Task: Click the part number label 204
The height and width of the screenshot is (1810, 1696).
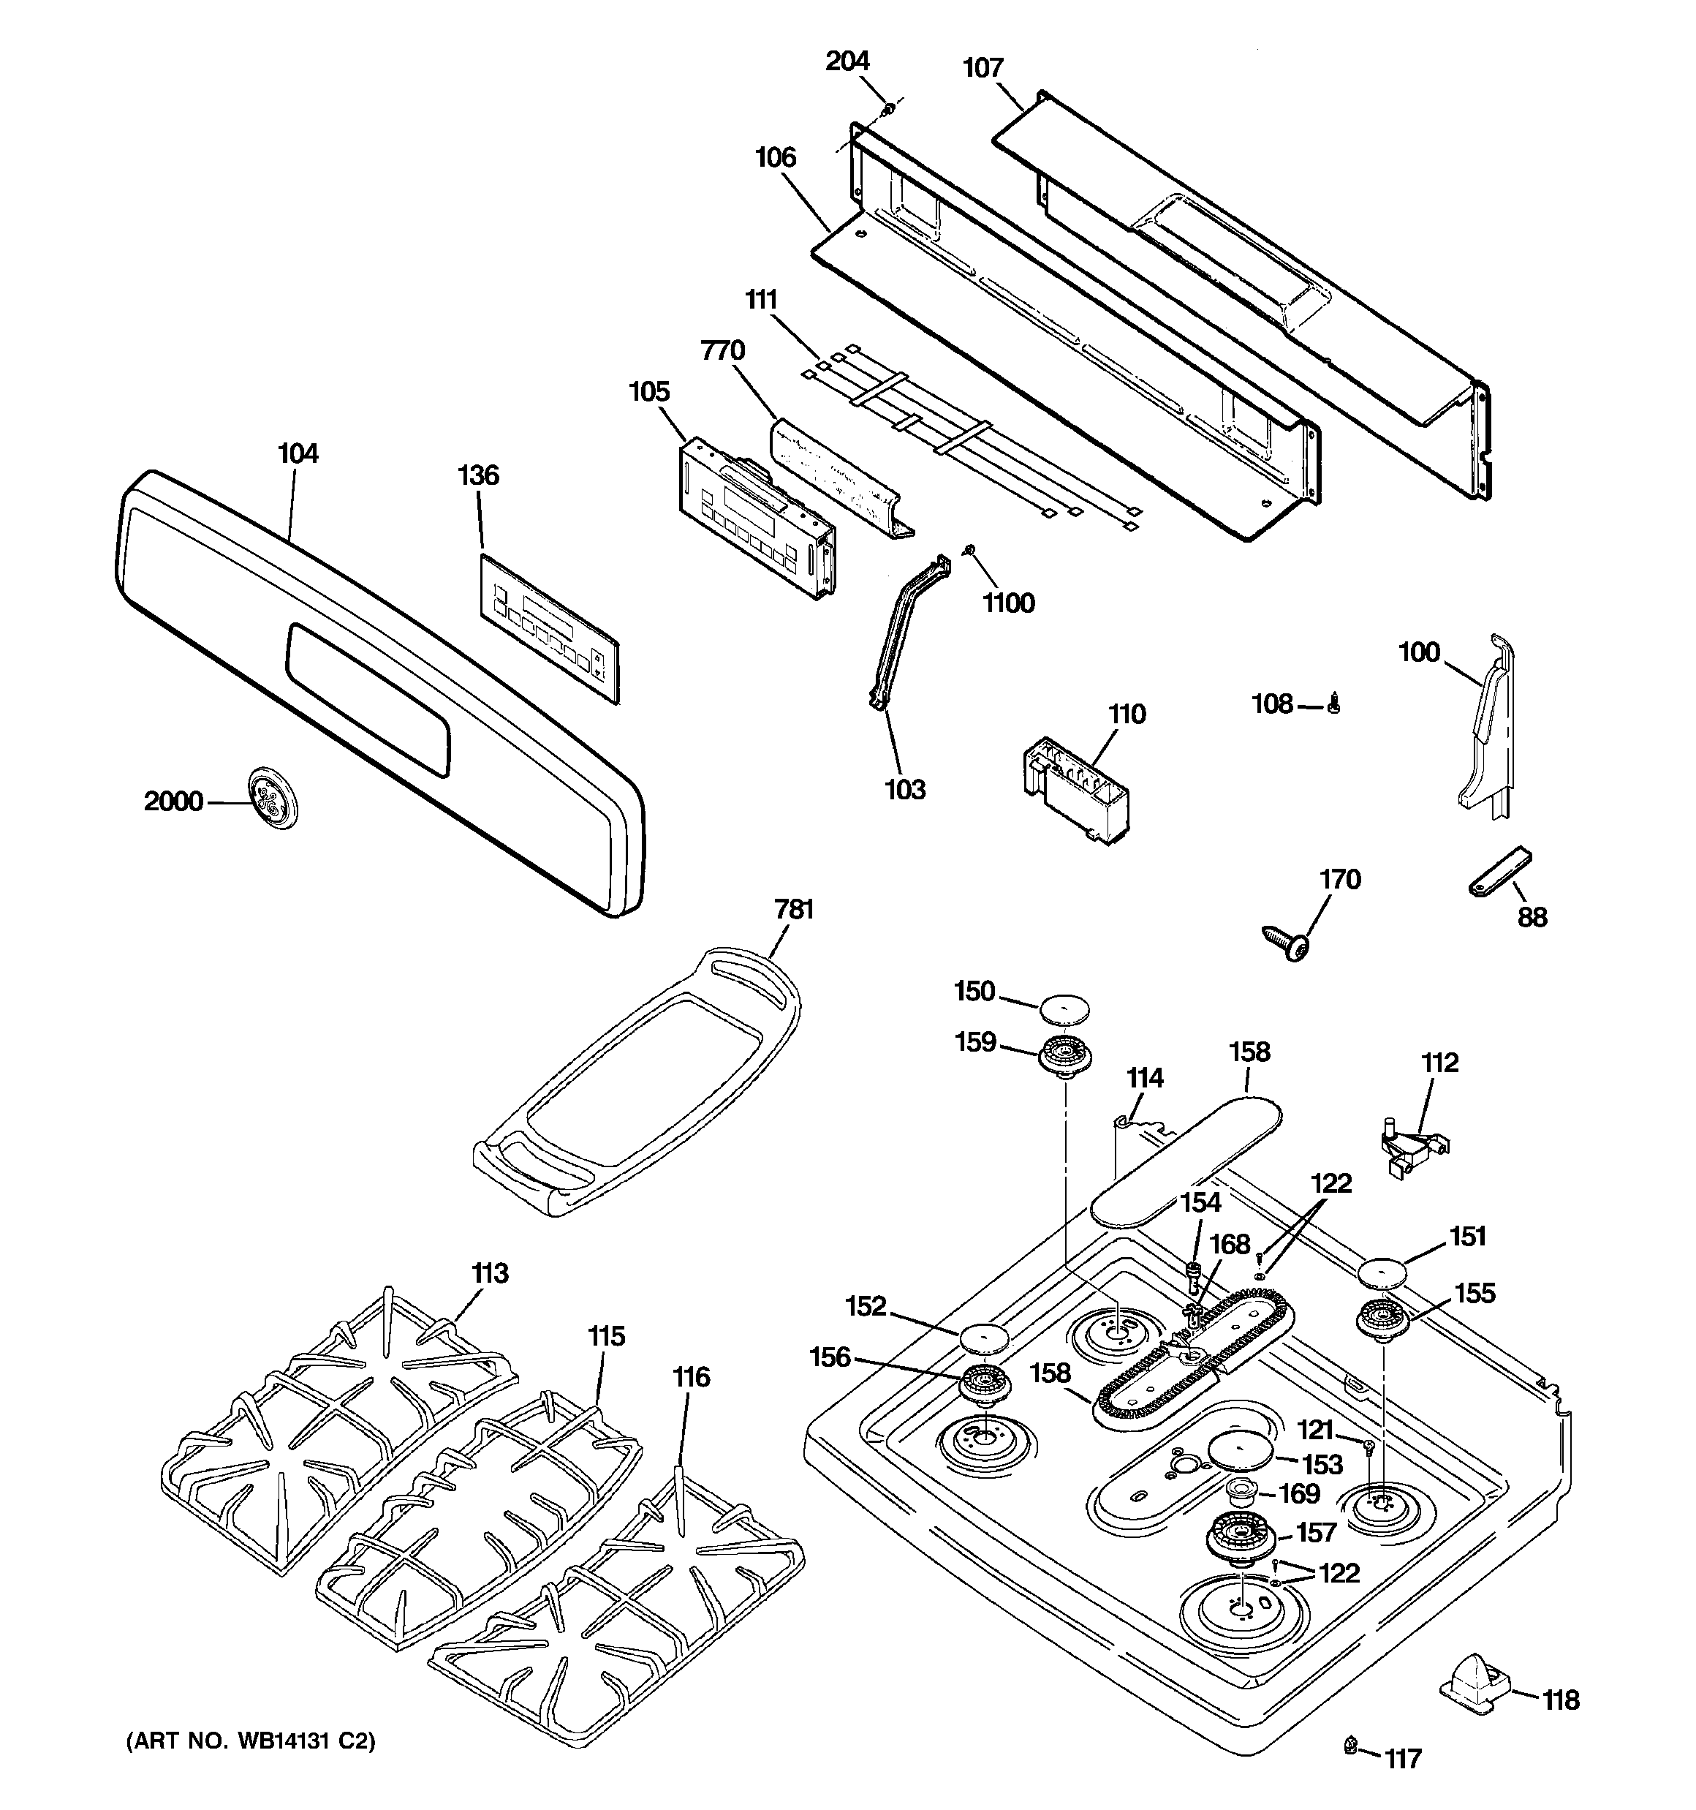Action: (x=847, y=61)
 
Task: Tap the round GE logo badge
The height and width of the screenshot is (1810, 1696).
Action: (x=273, y=800)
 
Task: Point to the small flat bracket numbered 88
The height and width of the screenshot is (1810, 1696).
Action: (x=1499, y=872)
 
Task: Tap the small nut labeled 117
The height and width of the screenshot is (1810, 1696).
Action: (x=1350, y=1769)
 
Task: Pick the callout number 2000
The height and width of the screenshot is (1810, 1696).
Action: (x=174, y=802)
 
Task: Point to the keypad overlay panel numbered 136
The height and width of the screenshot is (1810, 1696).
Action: (x=549, y=628)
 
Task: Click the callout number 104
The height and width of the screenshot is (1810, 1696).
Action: (x=298, y=453)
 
